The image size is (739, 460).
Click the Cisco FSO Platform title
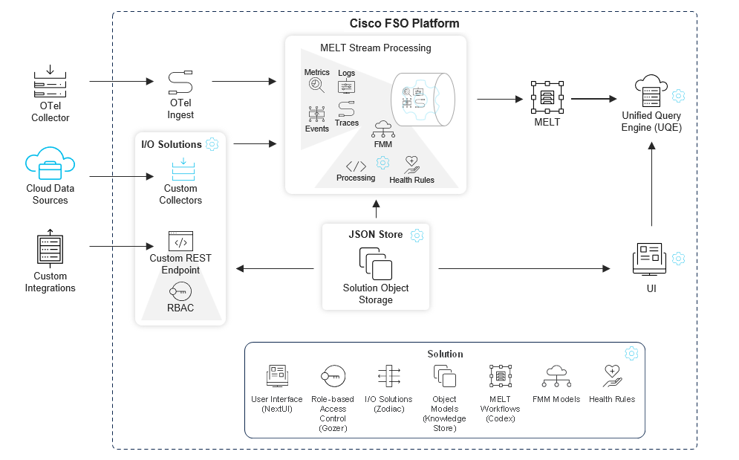tap(404, 23)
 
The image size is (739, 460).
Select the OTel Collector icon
tap(50, 83)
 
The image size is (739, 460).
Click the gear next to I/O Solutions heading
tap(212, 144)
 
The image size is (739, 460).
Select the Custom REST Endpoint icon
tap(180, 241)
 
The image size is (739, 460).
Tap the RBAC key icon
tap(180, 291)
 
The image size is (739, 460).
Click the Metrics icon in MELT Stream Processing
tap(316, 85)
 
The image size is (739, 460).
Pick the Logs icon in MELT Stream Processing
tap(346, 86)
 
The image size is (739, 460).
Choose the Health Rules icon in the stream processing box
tap(411, 164)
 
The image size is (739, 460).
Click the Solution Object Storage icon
tap(376, 264)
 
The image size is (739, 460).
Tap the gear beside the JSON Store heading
tap(417, 235)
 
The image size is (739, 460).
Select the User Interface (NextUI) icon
tap(277, 376)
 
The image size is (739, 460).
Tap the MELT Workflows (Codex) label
tap(500, 409)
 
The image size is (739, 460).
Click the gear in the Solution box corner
tap(631, 353)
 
